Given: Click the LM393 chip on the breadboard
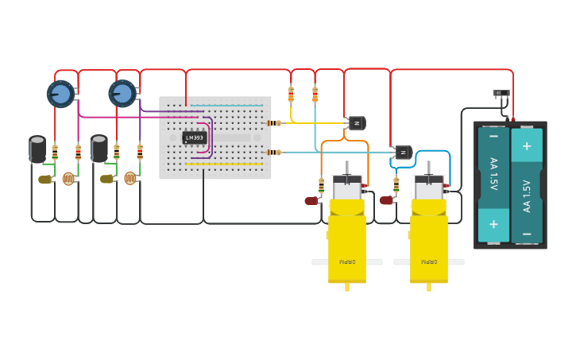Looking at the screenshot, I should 194,137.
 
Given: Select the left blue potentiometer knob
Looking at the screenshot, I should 60,95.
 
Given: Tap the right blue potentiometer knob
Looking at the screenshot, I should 122,94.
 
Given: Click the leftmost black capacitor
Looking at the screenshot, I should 37,149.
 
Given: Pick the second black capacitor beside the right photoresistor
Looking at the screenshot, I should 99,148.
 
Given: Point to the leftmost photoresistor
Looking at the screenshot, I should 68,179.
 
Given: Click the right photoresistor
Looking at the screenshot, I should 130,179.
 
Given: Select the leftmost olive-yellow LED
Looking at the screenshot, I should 44,180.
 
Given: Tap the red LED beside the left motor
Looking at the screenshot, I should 311,201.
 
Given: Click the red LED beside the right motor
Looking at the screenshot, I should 386,200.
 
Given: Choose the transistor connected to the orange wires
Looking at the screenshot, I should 357,122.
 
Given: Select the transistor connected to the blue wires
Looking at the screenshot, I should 404,152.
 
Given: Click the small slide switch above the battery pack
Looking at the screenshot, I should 501,94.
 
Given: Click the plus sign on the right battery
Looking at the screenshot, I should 526,146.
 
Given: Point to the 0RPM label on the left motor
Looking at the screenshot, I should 347,261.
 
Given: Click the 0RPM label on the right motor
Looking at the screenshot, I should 429,261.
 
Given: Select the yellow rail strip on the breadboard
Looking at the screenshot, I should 224,165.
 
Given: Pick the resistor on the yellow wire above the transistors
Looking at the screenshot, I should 291,94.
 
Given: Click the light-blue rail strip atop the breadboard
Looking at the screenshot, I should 226,105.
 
